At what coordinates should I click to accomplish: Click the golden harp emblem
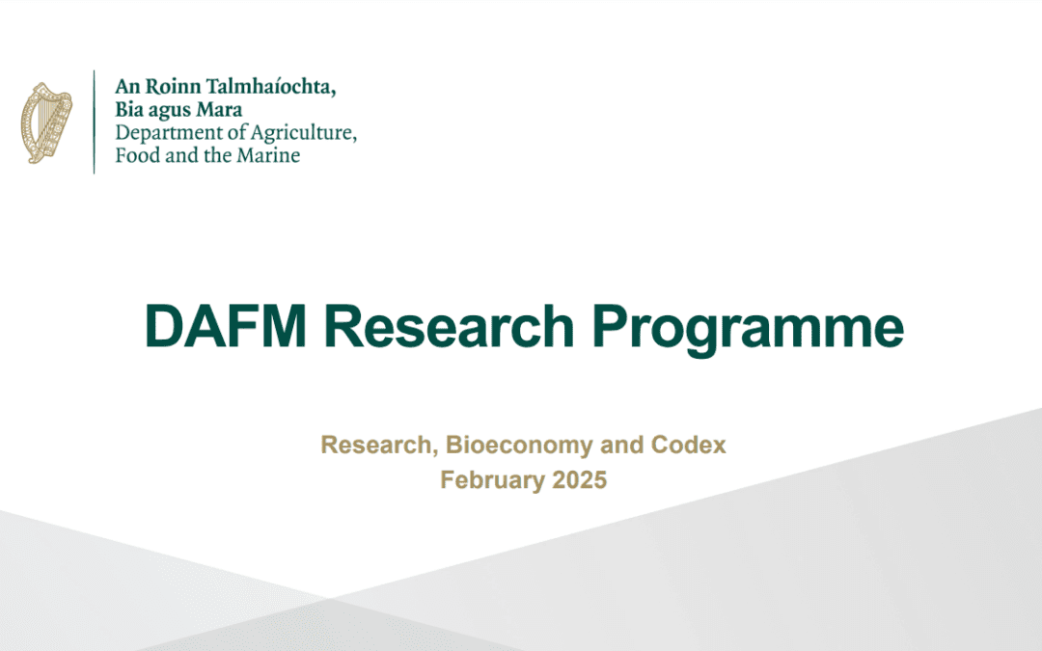[46, 122]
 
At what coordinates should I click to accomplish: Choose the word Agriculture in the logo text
[300, 133]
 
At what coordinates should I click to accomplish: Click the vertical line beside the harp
[95, 122]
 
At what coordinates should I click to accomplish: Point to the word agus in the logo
[172, 112]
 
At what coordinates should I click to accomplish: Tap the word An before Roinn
[128, 88]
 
